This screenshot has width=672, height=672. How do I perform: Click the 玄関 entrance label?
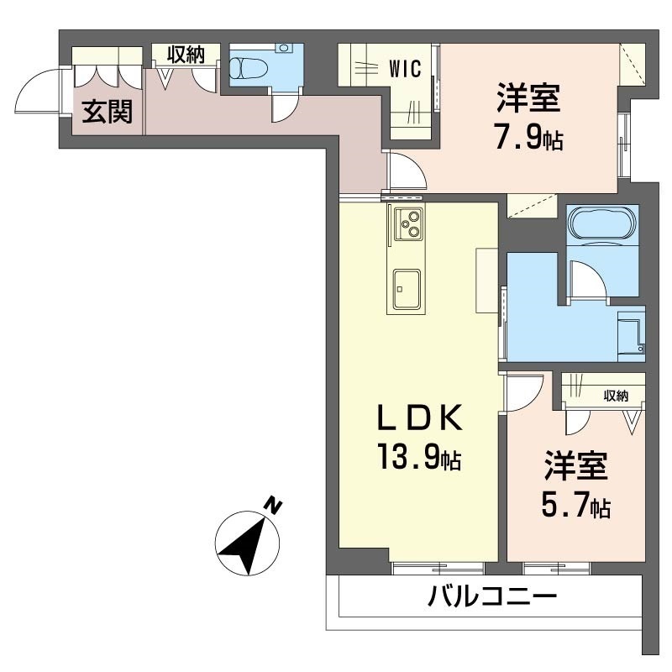[107, 113]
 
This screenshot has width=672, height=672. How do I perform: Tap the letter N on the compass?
[272, 505]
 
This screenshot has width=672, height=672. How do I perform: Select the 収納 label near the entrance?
[185, 55]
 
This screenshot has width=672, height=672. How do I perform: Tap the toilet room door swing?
[286, 108]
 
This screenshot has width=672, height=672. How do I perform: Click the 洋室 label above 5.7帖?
[575, 466]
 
